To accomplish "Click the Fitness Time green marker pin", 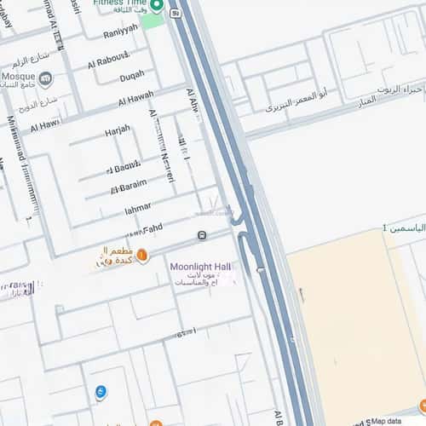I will coord(158,6).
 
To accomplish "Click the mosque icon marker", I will coord(45,80).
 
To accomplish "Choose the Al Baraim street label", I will coord(129,185).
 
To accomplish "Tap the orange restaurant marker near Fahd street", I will coord(142,255).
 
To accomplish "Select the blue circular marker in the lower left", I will coord(101,392).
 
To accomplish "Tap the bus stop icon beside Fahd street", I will coord(201,236).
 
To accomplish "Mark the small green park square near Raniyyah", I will coord(153,20).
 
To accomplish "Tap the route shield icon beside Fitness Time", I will coord(174,14).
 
